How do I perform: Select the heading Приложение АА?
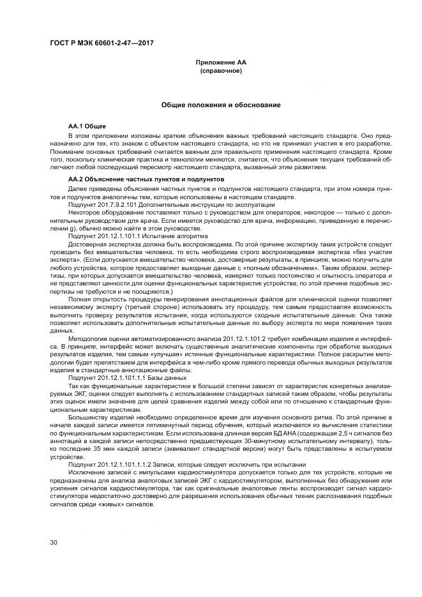pyautogui.click(x=220, y=62)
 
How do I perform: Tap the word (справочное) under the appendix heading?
pyautogui.click(x=220, y=70)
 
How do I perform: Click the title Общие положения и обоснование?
pyautogui.click(x=220, y=104)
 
